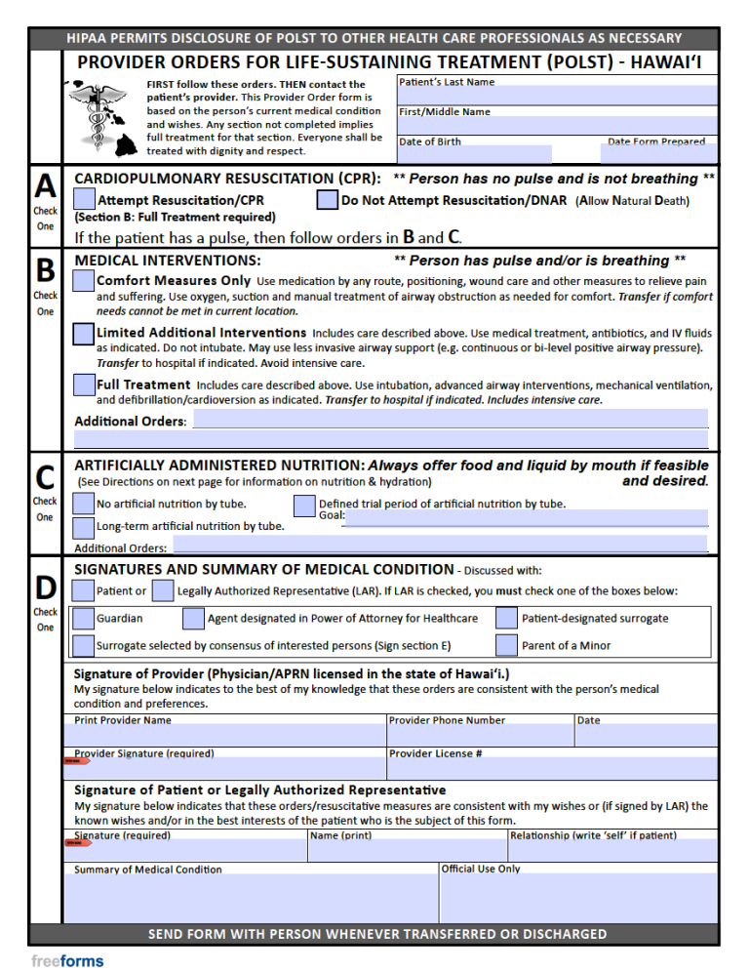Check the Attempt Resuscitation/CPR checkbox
[x=85, y=201]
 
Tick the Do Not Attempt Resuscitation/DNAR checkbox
[x=328, y=201]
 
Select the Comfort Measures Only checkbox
[x=85, y=281]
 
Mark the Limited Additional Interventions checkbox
[x=85, y=334]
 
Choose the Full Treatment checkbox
[x=85, y=385]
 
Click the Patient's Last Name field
[x=557, y=97]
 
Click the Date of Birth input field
[x=474, y=154]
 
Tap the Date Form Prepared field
[x=658, y=154]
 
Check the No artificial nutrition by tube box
[x=85, y=505]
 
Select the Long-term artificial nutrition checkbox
[x=85, y=527]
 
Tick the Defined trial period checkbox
[x=304, y=505]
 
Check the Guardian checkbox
[x=85, y=618]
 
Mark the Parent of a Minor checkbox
[x=506, y=645]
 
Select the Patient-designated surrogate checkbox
[x=506, y=618]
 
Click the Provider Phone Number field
[x=480, y=736]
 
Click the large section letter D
[x=46, y=588]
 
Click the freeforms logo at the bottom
[x=66, y=960]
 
